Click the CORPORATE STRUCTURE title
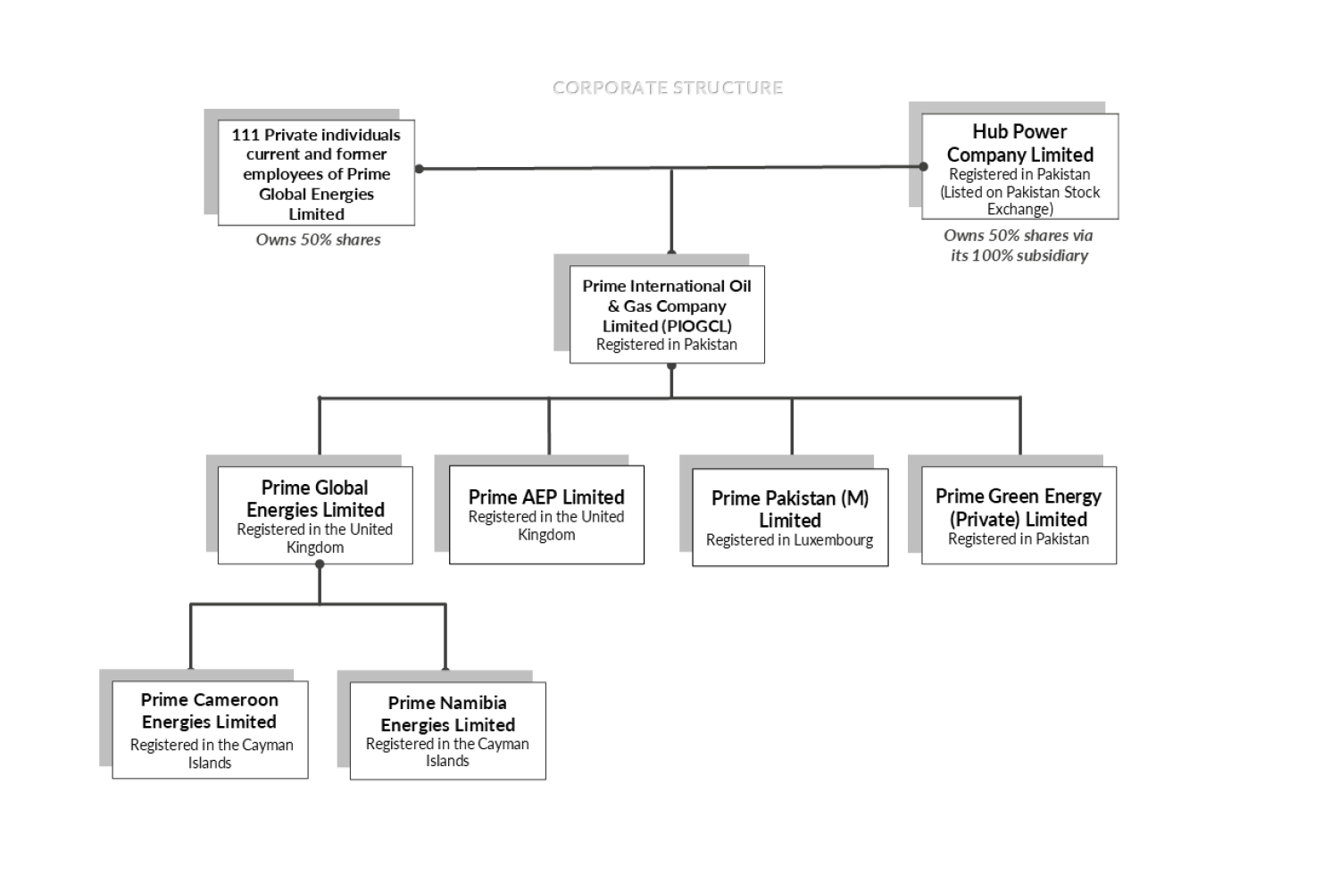pos(668,88)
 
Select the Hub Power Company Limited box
pos(1019,166)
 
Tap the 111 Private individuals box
pos(316,173)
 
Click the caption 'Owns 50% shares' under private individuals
pos(318,239)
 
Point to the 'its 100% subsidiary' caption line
pos(1019,255)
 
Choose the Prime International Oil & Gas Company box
pos(667,314)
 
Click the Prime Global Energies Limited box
pos(315,515)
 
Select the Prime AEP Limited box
pos(546,515)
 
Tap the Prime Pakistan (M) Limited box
pos(790,517)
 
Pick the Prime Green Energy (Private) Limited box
pos(1019,515)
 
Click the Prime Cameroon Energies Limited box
pos(210,730)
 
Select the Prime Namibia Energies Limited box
pos(447,730)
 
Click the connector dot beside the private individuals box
pos(420,169)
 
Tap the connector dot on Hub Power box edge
pos(923,166)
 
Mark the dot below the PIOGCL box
pos(671,366)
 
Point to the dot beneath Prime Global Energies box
pos(320,564)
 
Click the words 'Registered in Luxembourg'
pos(790,540)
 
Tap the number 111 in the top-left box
pos(245,135)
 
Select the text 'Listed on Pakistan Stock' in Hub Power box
pos(1020,192)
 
